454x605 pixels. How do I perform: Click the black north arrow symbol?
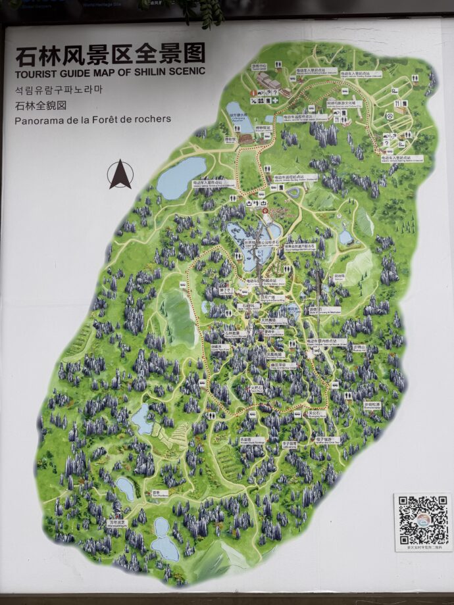point(120,174)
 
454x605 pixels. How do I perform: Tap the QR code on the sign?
point(422,522)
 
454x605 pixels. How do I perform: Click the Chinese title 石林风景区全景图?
point(110,54)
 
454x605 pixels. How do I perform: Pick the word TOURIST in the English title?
point(35,72)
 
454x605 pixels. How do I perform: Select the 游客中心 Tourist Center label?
point(259,66)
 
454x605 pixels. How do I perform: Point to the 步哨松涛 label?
point(372,404)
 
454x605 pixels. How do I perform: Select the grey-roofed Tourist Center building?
point(268,80)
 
